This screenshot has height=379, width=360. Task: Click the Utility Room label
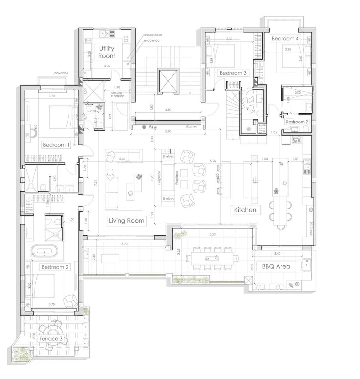coord(107,52)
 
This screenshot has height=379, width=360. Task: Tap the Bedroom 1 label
coord(56,145)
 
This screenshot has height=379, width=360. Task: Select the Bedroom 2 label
coord(55,267)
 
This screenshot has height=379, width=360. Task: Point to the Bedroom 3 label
coord(233,73)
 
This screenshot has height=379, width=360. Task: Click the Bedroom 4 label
coord(285,39)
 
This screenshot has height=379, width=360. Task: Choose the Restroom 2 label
coord(296,122)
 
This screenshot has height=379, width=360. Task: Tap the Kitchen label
coord(245,210)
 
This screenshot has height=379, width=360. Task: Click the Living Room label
coord(126,221)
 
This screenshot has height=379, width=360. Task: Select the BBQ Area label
coord(276,267)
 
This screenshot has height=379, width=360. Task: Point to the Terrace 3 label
coord(49,339)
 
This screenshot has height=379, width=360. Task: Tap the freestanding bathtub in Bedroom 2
coord(44,252)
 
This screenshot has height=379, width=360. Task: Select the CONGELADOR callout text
coord(153,35)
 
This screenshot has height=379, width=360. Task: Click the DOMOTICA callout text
coord(61,73)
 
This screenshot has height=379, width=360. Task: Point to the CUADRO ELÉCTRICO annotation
coord(118,94)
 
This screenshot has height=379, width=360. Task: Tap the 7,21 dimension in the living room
coord(95,183)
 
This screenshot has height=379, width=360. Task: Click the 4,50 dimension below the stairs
coord(168,110)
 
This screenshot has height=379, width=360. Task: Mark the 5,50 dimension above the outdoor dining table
coord(212,234)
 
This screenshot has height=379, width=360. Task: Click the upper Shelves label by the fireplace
coord(168,156)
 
